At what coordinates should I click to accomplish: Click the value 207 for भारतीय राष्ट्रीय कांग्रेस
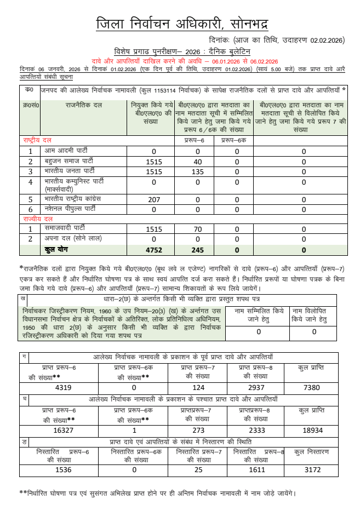click(x=154, y=199)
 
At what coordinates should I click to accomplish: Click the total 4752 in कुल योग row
click(x=154, y=250)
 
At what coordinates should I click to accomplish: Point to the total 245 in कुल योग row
click(x=198, y=250)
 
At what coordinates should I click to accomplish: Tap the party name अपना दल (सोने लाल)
click(x=72, y=238)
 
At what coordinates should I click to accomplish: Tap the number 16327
click(x=59, y=430)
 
